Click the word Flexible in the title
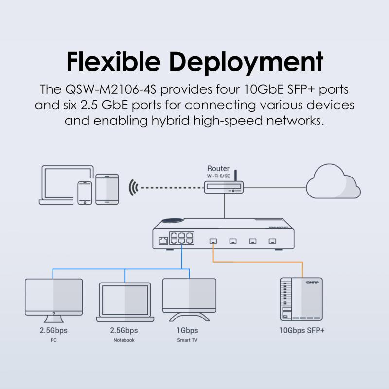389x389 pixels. [113, 62]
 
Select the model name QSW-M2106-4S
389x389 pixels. [111, 89]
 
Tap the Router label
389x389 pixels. [218, 169]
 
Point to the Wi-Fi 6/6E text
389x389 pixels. [218, 176]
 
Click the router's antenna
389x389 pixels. [236, 176]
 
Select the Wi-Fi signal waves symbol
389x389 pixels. [133, 188]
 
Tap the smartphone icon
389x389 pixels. [85, 193]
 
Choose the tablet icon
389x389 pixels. [107, 189]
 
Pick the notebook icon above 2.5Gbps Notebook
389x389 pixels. [125, 302]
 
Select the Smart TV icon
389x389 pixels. [189, 300]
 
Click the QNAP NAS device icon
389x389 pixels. [301, 299]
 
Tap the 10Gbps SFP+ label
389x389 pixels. [302, 331]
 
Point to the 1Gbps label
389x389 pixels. [187, 331]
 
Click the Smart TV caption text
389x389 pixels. [187, 340]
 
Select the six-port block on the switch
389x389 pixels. [181, 238]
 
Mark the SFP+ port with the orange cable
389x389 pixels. [213, 241]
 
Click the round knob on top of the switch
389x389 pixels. [173, 220]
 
